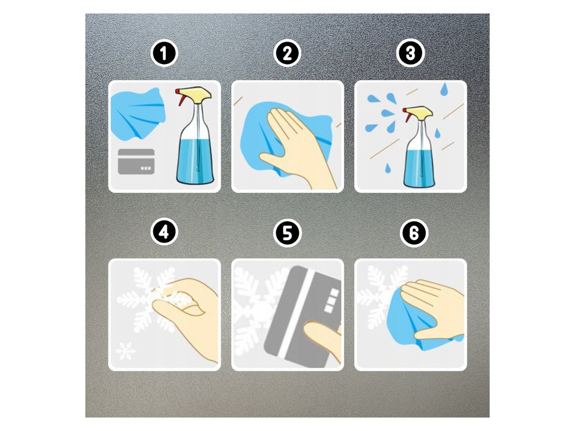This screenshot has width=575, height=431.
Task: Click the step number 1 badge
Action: (x=164, y=53)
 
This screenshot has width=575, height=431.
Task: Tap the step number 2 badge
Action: (x=287, y=53)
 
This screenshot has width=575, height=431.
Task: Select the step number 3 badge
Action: (x=410, y=53)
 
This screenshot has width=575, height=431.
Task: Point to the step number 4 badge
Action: (x=164, y=232)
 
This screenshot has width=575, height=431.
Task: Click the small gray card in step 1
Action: (x=136, y=162)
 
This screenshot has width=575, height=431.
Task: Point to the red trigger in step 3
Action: (x=408, y=116)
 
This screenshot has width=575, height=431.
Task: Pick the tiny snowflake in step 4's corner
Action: (x=125, y=351)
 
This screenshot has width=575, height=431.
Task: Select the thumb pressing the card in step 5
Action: (x=322, y=339)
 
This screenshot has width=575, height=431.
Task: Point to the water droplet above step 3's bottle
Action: (x=445, y=89)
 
